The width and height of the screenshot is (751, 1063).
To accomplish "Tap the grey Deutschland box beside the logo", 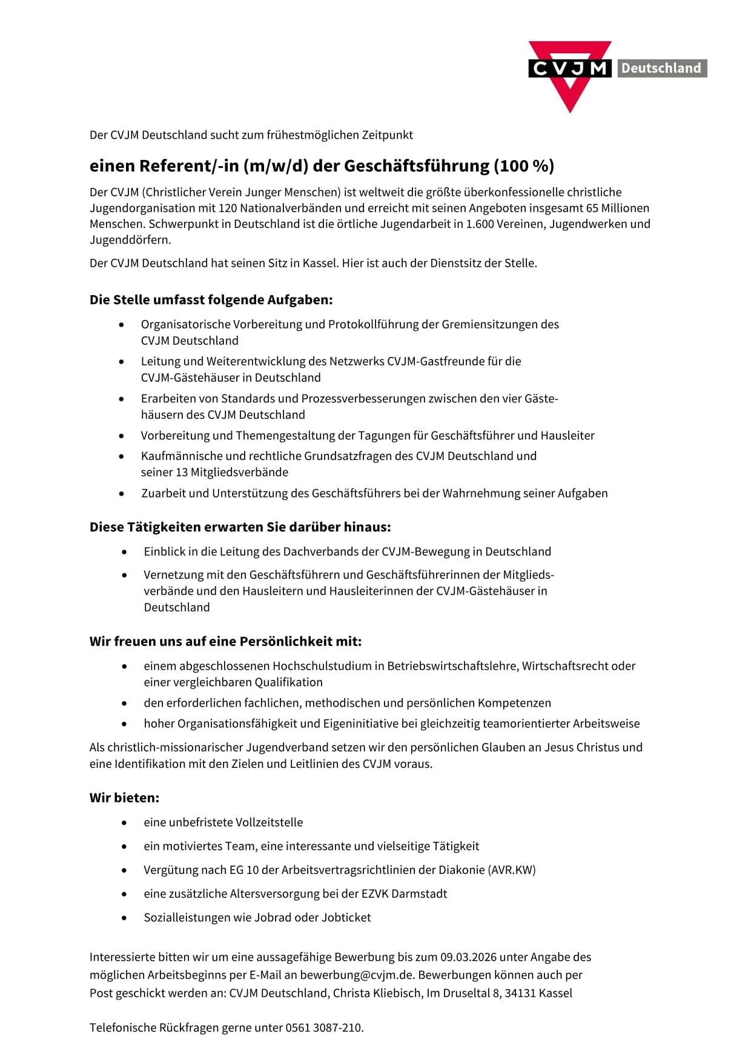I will [661, 68].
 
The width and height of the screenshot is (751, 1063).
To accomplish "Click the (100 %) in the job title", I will [524, 165].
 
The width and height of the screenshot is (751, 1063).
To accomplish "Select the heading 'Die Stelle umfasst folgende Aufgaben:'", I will [211, 299].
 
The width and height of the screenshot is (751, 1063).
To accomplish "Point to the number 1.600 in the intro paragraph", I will [480, 224].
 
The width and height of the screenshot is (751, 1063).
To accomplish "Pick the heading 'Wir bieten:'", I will [124, 798].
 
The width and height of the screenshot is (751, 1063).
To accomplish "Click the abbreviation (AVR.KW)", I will [512, 870].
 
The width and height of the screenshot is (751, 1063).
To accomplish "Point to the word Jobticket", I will [346, 917].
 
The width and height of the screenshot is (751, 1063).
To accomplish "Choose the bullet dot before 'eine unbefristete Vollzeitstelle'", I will [124, 823].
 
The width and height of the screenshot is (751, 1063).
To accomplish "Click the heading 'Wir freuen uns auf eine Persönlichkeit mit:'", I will [225, 641].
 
